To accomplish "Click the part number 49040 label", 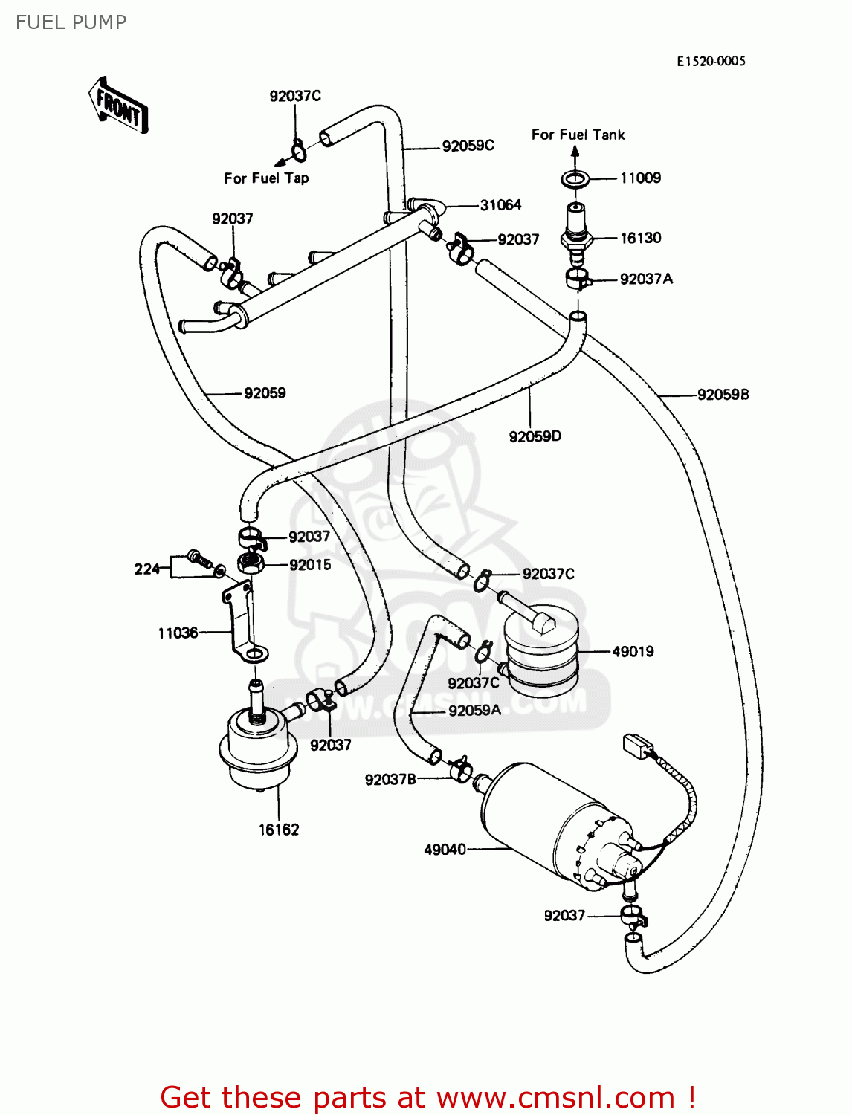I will coord(445,849).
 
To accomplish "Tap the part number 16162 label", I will coord(279,830).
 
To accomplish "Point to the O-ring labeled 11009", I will coord(575,178).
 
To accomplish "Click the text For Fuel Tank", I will coord(578,135).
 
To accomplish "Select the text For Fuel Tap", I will coord(266,178).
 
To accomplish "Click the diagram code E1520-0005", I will coord(711,61).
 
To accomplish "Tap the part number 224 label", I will coord(146,569).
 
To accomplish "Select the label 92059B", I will coord(723,395).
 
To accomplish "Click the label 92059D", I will coord(535,436).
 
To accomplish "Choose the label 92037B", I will coord(390,779).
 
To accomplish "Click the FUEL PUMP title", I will coord(71,22).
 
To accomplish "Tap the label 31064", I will coord(500,205).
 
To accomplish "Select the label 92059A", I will coord(474,711).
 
